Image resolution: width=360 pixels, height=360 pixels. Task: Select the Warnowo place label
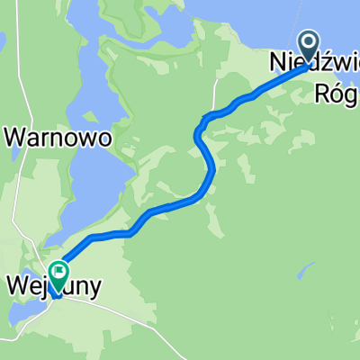(x=58, y=138)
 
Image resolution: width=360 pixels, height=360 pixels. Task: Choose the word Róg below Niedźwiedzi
(x=338, y=93)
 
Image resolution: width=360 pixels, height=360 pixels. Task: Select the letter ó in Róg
(x=338, y=93)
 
